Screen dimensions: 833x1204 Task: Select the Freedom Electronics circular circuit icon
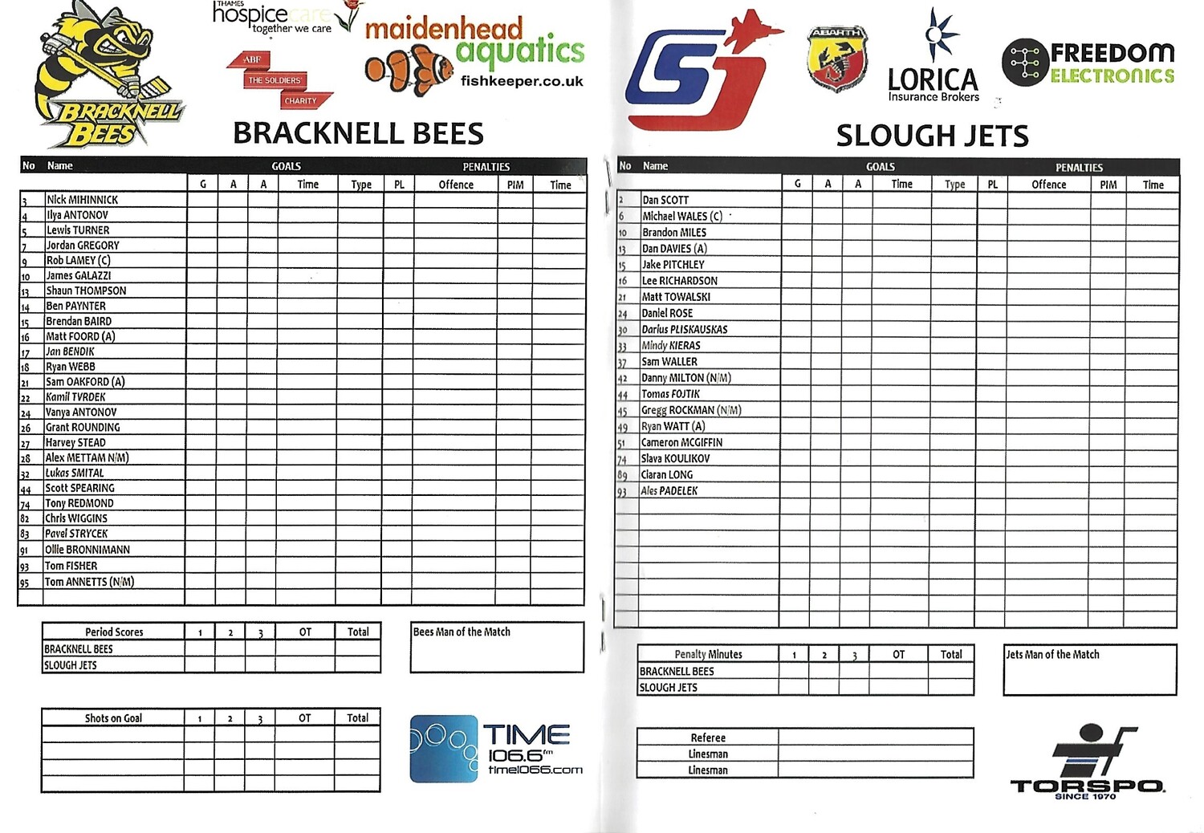[1025, 62]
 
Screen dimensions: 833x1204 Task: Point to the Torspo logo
[1088, 762]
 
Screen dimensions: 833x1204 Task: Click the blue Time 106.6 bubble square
[443, 748]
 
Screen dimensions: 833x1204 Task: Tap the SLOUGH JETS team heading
[932, 136]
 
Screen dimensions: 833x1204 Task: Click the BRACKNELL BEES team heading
[358, 133]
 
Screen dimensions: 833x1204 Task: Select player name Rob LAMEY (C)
[78, 261]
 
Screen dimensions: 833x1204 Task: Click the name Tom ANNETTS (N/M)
[89, 582]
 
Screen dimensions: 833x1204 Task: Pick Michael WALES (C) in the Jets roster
[682, 216]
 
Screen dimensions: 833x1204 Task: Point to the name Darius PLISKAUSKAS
[685, 329]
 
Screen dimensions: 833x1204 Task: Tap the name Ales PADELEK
[669, 490]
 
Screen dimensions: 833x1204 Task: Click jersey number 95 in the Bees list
[25, 583]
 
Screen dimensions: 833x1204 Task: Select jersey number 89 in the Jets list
[622, 475]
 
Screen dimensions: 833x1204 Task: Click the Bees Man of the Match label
[462, 632]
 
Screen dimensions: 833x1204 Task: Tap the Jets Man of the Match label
[1052, 654]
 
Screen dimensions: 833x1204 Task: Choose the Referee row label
[707, 738]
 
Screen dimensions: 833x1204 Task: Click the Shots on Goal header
[113, 718]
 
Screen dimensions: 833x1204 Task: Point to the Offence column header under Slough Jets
[1048, 185]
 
